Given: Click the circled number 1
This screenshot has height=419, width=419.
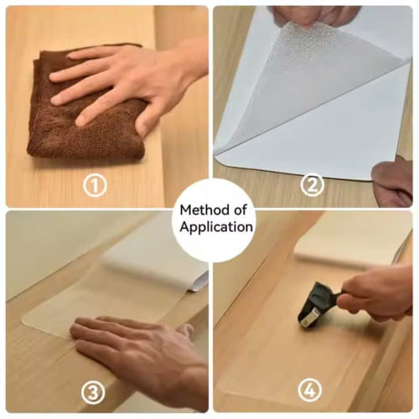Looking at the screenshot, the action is pyautogui.click(x=95, y=186).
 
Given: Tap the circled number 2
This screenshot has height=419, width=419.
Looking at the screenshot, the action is pyautogui.click(x=313, y=184).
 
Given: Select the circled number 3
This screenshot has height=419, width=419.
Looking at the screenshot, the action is pyautogui.click(x=93, y=392).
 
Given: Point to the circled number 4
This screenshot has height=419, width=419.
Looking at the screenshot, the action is pyautogui.click(x=310, y=391).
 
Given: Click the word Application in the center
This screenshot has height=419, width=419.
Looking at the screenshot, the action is pyautogui.click(x=216, y=227).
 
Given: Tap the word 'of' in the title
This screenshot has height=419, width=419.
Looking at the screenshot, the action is pyautogui.click(x=241, y=210).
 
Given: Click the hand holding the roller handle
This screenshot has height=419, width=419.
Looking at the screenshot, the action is pyautogui.click(x=377, y=295).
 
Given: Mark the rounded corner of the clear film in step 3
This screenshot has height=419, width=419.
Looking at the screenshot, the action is pyautogui.click(x=23, y=321).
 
